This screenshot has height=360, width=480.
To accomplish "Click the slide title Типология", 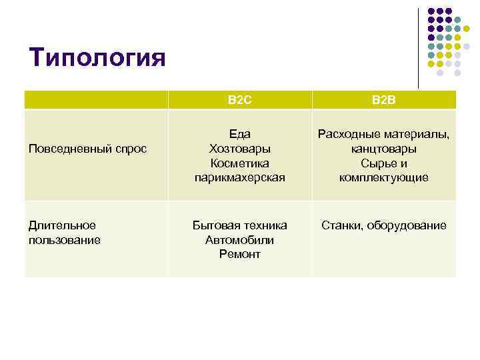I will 97,57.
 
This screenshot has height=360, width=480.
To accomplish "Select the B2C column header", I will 239,100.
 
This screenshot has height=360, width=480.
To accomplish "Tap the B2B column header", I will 384,100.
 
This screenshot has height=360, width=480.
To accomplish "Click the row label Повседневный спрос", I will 87,149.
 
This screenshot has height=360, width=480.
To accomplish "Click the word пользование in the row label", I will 65,239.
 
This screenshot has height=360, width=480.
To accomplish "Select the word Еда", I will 239,134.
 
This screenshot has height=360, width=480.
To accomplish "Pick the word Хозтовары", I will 239,149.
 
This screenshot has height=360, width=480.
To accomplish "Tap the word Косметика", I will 239,163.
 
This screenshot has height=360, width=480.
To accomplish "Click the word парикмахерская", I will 239,177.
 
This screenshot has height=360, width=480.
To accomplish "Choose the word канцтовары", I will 384,149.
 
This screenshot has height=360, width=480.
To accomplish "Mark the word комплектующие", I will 384,177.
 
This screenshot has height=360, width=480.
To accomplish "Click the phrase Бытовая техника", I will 239,225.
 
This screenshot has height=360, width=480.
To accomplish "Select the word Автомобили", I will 239,240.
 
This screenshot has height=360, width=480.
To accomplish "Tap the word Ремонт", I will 239,254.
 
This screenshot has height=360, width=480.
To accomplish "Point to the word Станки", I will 341,225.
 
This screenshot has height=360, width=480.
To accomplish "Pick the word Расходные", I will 347,134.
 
